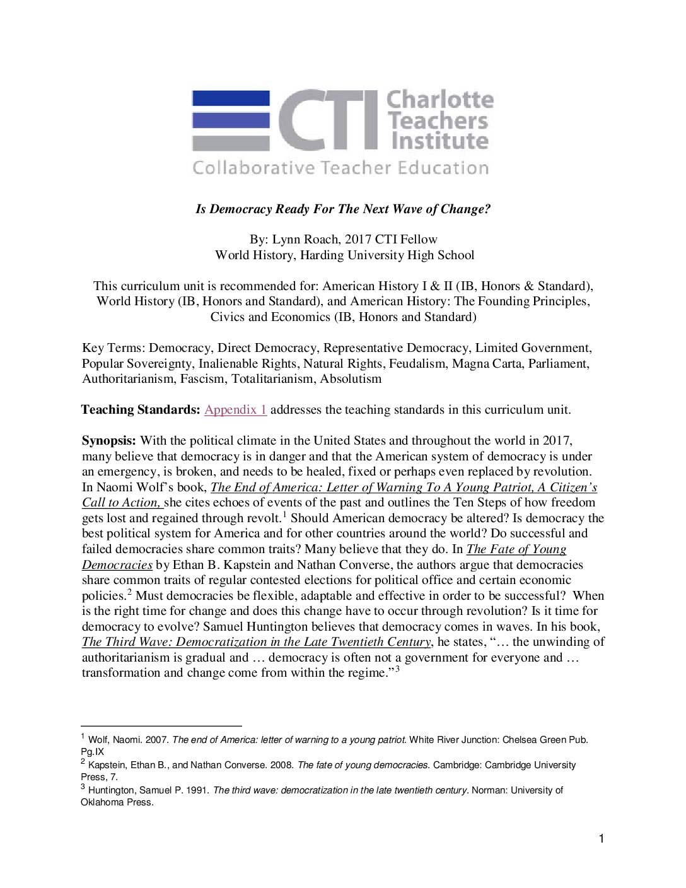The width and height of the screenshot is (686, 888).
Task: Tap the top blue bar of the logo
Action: coord(231,98)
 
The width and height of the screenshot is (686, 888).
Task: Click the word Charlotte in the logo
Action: coord(439,100)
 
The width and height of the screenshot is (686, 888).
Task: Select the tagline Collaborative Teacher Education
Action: coord(340,168)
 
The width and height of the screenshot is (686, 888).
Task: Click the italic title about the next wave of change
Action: coord(343,209)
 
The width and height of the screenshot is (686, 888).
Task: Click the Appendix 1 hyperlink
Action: coord(235,410)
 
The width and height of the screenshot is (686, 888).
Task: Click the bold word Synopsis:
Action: coord(108,440)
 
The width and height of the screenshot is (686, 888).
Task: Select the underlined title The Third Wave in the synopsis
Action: coord(256,642)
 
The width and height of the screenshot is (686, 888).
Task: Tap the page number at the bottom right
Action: coord(601,839)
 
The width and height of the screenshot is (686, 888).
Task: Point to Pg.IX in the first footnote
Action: coord(92,752)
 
